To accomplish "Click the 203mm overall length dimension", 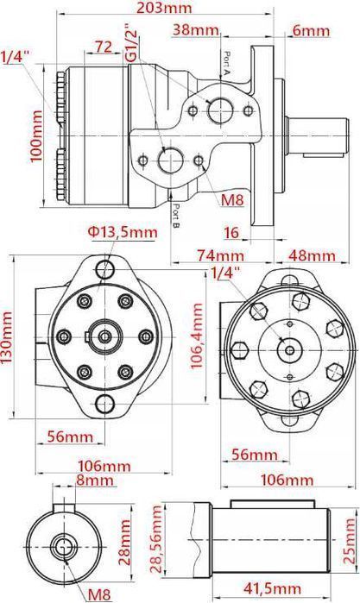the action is coord(164,7).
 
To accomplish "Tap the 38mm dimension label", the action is coord(196,29).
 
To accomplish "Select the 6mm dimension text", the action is coord(311,30).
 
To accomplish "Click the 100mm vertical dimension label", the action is coord(36,135).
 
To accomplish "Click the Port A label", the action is coord(227,63).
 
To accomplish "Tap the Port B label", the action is coord(175,217).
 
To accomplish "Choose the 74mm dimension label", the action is coord(221,255).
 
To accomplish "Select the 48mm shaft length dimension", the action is coord(313,255).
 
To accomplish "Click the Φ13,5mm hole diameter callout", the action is coord(123,232).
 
